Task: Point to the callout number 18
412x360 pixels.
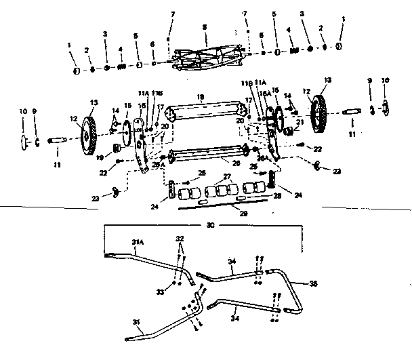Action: pyautogui.click(x=199, y=97)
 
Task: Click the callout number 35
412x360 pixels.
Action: pyautogui.click(x=313, y=283)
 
